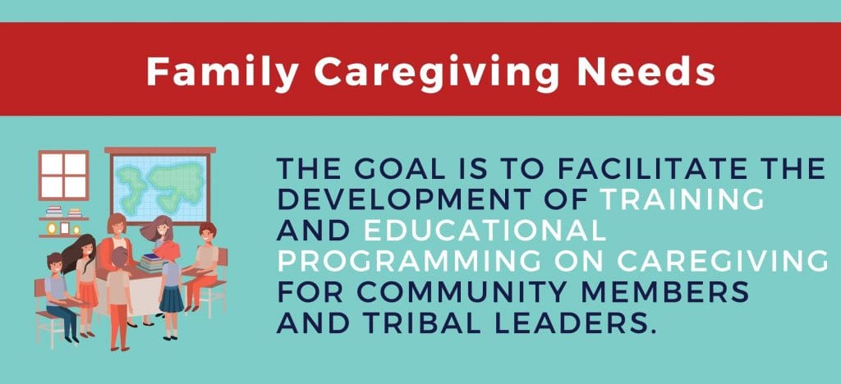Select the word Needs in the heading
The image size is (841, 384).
[646, 71]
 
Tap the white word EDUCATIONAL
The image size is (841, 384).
[485, 230]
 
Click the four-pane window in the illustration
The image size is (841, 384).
[63, 175]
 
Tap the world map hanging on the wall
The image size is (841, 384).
[160, 187]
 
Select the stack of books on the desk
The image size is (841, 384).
[152, 263]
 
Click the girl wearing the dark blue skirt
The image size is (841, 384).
[170, 288]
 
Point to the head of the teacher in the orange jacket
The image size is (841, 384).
[117, 223]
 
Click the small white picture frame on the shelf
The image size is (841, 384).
[64, 228]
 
